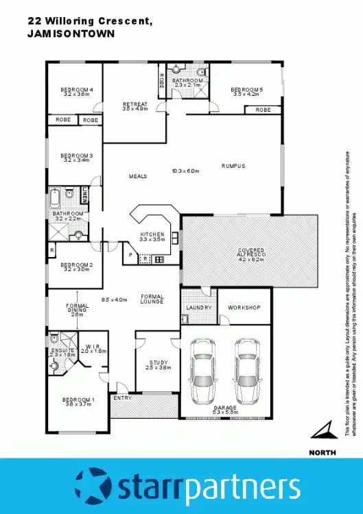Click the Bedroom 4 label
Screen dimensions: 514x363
coord(76,90)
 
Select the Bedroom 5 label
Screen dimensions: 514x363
coord(247,89)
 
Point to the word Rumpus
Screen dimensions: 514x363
coord(233,166)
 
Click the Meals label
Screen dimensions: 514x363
coord(138,176)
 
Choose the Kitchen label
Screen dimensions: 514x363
coord(153,234)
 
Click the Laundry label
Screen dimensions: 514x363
coord(198,308)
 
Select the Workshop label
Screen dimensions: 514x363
coord(244,308)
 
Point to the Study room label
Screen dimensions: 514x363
coord(159,363)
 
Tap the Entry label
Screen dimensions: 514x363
coord(123,398)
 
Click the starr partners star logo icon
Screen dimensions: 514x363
coord(94,485)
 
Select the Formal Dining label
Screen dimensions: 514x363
coord(77,310)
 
